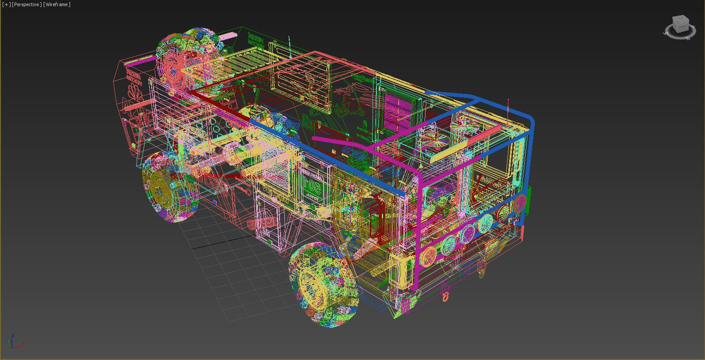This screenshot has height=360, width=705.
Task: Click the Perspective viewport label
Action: point(27,4)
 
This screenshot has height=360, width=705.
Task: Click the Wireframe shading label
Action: point(56,4)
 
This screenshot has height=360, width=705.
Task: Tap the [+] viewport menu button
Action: point(6,4)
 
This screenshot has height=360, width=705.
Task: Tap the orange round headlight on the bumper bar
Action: point(427,256)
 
